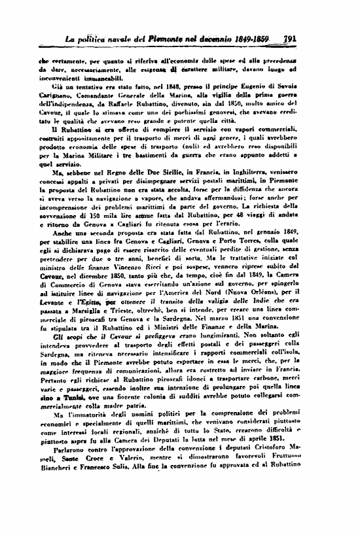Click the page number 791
click(x=288, y=39)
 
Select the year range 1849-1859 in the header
click(x=254, y=39)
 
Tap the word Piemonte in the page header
click(x=167, y=39)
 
